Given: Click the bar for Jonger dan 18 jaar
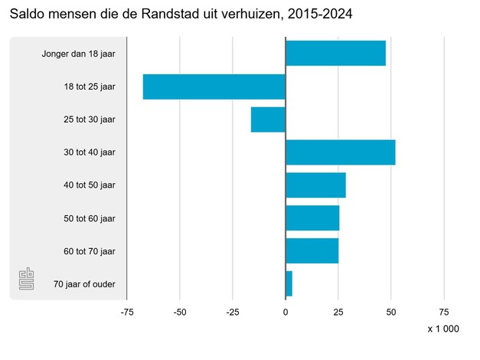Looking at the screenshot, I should (x=335, y=54).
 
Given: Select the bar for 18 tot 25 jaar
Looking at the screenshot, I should (x=214, y=87).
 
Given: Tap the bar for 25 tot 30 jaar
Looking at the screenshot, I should (x=268, y=119).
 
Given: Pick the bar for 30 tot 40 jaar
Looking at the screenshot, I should (x=340, y=152).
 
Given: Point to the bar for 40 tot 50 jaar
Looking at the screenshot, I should (x=315, y=185).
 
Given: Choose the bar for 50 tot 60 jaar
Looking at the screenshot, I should (x=312, y=218).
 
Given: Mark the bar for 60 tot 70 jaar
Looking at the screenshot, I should (x=312, y=251).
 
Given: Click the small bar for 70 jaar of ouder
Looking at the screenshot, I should (x=289, y=284).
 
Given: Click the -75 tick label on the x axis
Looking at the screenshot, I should (x=126, y=312).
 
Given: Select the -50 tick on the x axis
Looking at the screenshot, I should (x=180, y=312).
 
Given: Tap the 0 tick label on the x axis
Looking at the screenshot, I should (x=286, y=312).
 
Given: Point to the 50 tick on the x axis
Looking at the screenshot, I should (x=391, y=312).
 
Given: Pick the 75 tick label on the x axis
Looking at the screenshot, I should (x=444, y=312).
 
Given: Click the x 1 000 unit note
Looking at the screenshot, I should (x=443, y=329).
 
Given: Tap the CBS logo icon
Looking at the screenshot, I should (x=27, y=280).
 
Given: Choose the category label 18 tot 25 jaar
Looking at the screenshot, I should (x=90, y=87).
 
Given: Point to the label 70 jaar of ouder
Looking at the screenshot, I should (x=84, y=284).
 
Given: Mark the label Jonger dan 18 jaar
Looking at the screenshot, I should (x=79, y=54).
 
